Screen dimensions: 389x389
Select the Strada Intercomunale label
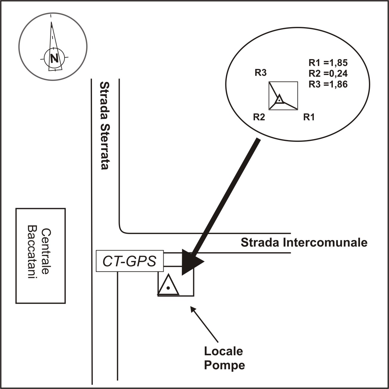[x=304, y=242]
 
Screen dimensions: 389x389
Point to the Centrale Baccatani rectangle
[x=40, y=256]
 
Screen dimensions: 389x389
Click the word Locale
[x=223, y=351]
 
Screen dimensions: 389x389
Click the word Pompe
[x=224, y=365]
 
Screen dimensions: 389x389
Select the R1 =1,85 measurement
[x=328, y=63]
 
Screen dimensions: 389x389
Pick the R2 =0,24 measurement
[x=328, y=74]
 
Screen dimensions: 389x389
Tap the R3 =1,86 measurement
[x=328, y=84]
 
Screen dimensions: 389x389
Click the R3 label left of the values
[x=260, y=73]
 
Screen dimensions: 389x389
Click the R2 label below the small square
[x=259, y=117]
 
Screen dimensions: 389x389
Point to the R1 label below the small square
[x=309, y=117]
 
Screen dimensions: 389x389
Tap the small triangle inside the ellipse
[x=279, y=99]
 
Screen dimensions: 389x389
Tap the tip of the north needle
[x=51, y=23]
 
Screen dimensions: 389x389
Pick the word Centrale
[x=45, y=251]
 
